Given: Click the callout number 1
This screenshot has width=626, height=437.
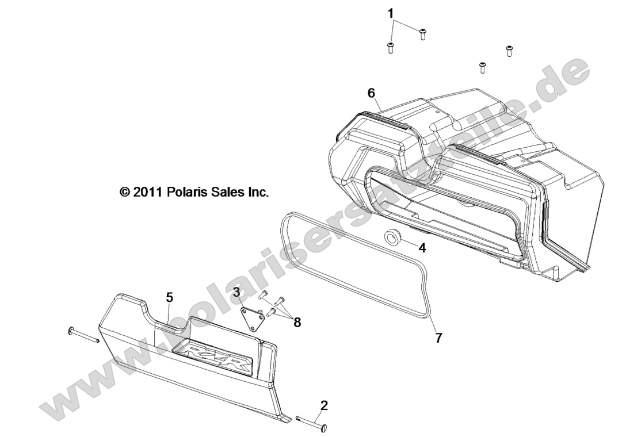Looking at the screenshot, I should click(x=391, y=13).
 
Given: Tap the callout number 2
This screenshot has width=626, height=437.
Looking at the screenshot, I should click(x=324, y=406).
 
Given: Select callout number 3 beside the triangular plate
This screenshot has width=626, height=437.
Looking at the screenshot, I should click(x=237, y=292).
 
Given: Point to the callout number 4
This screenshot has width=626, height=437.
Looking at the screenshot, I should click(x=422, y=248).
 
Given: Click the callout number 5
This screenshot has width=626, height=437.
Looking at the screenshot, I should click(x=170, y=297).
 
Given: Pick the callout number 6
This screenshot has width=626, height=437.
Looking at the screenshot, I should click(x=371, y=93).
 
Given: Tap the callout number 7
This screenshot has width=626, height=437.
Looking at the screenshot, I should click(x=438, y=338).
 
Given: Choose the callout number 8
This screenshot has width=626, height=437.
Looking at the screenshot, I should click(x=297, y=323).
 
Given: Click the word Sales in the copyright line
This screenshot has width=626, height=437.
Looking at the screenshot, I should click(x=229, y=191).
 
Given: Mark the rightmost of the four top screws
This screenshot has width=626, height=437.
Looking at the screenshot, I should click(x=509, y=51).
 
